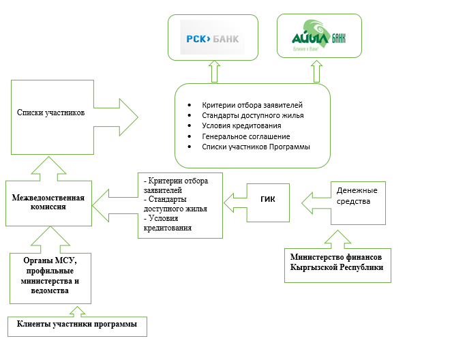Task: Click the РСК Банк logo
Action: coord(213,39)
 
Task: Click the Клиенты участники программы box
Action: coord(78,325)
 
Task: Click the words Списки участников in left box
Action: coord(50,112)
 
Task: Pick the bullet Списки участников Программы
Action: coord(256,147)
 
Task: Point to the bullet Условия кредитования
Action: coord(242,126)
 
